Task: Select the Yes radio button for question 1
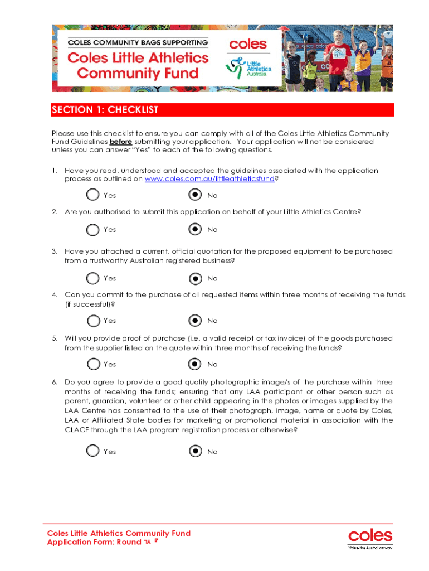[x=92, y=195]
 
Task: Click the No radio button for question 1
[x=195, y=195]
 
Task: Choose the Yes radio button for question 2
[x=92, y=229]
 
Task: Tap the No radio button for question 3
[x=195, y=278]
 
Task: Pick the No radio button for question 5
[x=195, y=364]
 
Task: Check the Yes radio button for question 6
[x=92, y=451]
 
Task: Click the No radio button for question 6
[x=195, y=451]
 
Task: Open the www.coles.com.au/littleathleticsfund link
[x=209, y=180]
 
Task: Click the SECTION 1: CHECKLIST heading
[x=105, y=110]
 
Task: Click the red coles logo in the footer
[x=370, y=536]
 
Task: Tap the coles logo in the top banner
[x=248, y=44]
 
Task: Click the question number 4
[x=55, y=294]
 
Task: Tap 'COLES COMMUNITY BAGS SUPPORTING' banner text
[x=138, y=42]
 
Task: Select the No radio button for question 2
[x=195, y=229]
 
